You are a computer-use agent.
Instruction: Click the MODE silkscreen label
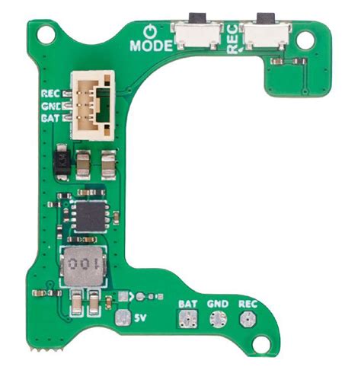coord(151,46)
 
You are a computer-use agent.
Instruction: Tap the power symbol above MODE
coord(150,31)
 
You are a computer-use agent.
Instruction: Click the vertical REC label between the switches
coord(233,39)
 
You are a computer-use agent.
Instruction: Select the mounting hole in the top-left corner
coord(46,34)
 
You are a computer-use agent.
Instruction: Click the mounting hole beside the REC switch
coord(305,40)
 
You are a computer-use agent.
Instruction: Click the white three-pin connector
coord(93,105)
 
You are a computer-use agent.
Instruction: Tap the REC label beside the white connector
coord(51,94)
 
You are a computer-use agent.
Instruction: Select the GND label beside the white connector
coord(52,106)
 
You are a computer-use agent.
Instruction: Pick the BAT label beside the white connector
coord(51,118)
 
